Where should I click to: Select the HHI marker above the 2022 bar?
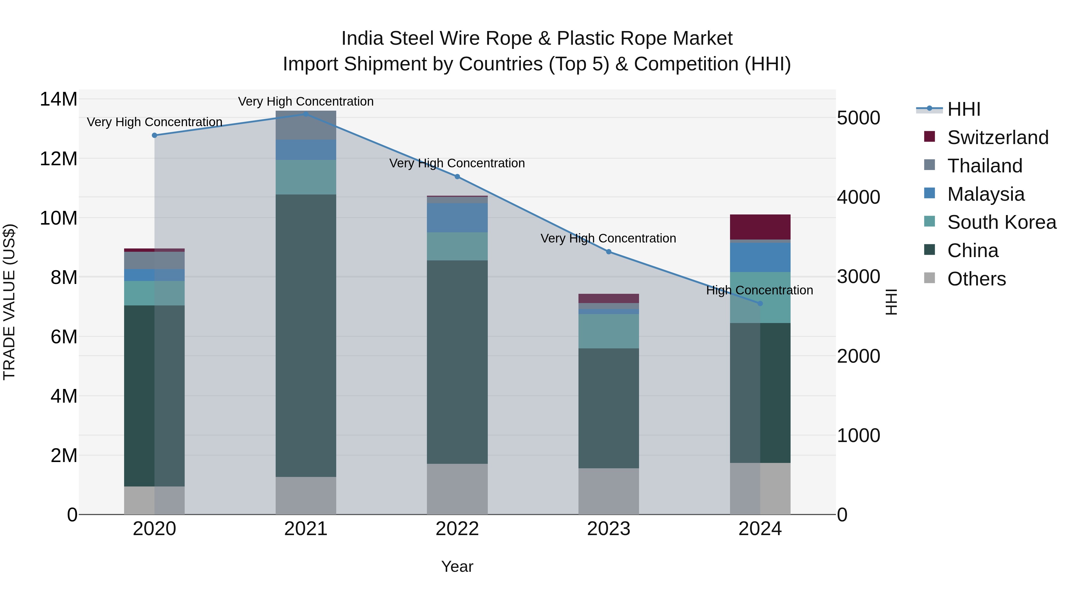click(x=457, y=177)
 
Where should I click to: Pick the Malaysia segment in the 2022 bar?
click(x=457, y=218)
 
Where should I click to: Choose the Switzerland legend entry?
click(x=997, y=138)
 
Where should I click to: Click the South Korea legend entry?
click(x=1002, y=222)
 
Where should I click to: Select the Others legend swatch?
click(x=929, y=278)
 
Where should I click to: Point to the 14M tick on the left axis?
click(x=58, y=100)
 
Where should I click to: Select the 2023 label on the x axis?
click(x=608, y=529)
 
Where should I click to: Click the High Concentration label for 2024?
click(x=759, y=290)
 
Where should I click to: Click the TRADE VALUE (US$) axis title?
click(x=9, y=302)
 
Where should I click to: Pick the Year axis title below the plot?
click(x=457, y=566)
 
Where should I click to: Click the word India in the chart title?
click(x=362, y=39)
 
